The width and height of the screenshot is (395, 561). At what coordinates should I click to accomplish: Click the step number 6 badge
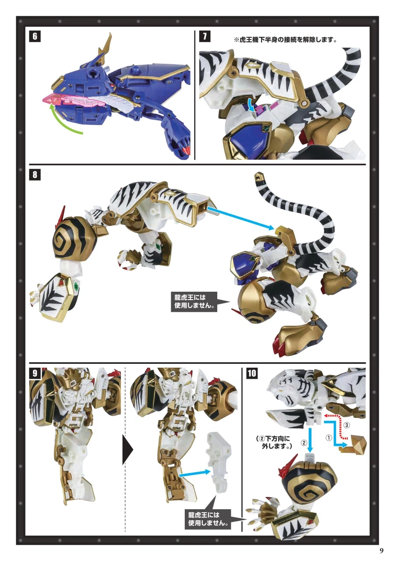pyautogui.click(x=35, y=36)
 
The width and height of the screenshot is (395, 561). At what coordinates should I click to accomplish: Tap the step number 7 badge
pyautogui.click(x=205, y=36)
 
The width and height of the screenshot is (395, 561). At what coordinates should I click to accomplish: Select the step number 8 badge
pyautogui.click(x=35, y=174)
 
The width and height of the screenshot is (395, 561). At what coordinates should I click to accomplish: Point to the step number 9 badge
pyautogui.click(x=35, y=373)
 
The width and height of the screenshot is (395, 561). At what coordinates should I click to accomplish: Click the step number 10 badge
pyautogui.click(x=251, y=373)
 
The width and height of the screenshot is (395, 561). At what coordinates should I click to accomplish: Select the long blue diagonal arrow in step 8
pyautogui.click(x=241, y=217)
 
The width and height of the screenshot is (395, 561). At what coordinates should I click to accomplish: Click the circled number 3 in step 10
pyautogui.click(x=346, y=425)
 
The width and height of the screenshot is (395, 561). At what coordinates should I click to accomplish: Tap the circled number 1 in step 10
pyautogui.click(x=328, y=438)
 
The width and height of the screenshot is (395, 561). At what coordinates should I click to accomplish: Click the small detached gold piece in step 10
pyautogui.click(x=353, y=444)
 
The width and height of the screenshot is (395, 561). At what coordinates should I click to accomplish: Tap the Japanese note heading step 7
pyautogui.click(x=285, y=40)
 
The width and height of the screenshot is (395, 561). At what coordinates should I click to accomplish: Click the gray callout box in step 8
pyautogui.click(x=194, y=301)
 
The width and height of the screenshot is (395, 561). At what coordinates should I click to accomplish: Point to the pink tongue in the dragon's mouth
pyautogui.click(x=72, y=101)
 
